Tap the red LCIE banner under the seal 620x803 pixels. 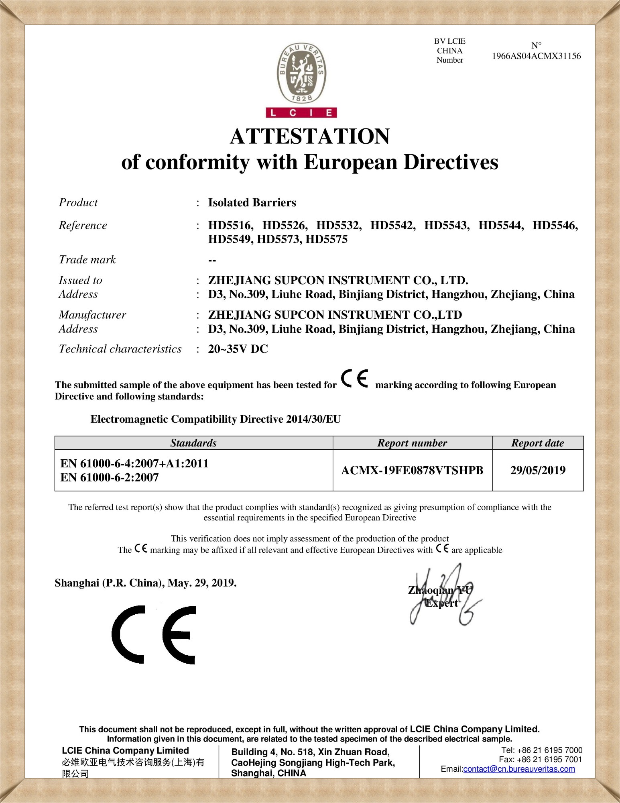click(301, 113)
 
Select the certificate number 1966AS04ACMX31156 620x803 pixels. click(536, 56)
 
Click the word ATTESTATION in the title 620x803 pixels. click(310, 137)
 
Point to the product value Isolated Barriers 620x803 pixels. click(252, 203)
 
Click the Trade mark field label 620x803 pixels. click(87, 260)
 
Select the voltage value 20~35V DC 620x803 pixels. click(238, 349)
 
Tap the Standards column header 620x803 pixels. click(193, 443)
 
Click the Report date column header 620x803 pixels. click(537, 443)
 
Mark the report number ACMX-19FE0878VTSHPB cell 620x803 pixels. click(412, 470)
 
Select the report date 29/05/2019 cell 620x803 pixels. click(538, 470)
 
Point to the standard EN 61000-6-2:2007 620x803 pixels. click(110, 478)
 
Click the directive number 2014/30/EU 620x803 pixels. click(313, 420)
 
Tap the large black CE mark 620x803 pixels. click(154, 635)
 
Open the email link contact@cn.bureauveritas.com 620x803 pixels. click(519, 769)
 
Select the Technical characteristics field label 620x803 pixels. click(120, 349)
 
